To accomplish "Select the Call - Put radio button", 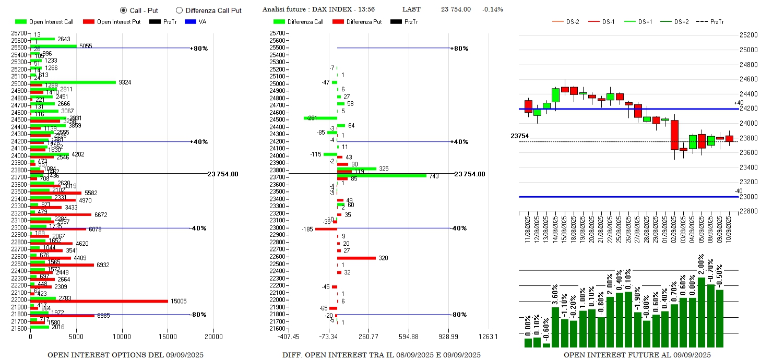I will [x=123, y=10].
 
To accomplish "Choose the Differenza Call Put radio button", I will [x=180, y=10].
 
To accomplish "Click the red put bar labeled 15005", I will [x=99, y=301].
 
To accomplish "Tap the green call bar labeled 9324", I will [x=73, y=82].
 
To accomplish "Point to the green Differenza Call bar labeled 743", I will [x=382, y=175].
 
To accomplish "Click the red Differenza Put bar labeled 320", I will [x=356, y=258].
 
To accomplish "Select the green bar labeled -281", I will [x=320, y=118].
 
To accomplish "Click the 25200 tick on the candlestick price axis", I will [x=748, y=35].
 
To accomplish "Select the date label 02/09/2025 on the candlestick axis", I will [x=674, y=230].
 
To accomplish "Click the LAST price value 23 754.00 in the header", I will [x=456, y=9].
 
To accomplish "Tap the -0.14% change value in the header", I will [x=493, y=9].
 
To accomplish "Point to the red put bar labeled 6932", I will [x=62, y=265].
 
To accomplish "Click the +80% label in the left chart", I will [x=199, y=49].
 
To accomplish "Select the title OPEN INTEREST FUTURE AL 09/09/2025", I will [x=637, y=355].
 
